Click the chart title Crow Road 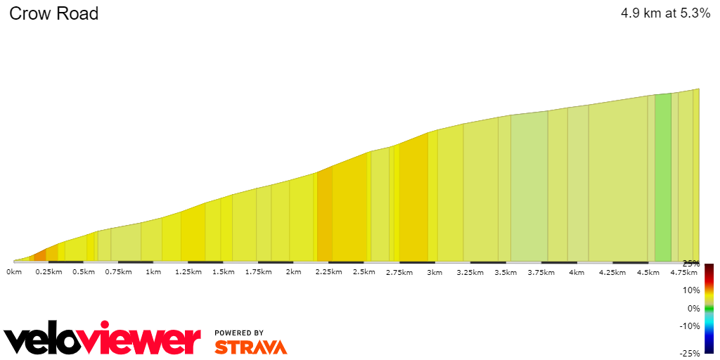tap(53, 13)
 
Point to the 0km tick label tap(14, 272)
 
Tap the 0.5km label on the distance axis tap(84, 272)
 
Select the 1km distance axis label tap(153, 272)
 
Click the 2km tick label tap(293, 272)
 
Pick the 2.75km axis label tap(399, 272)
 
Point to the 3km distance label tap(435, 272)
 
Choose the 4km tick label tap(576, 272)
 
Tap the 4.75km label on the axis tap(683, 272)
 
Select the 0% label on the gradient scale tap(693, 308)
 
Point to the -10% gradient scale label tap(690, 326)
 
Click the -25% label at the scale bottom tap(690, 353)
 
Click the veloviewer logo tap(102, 340)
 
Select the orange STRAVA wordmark tap(250, 347)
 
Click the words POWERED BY tap(239, 333)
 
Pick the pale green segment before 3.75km tap(529, 186)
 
